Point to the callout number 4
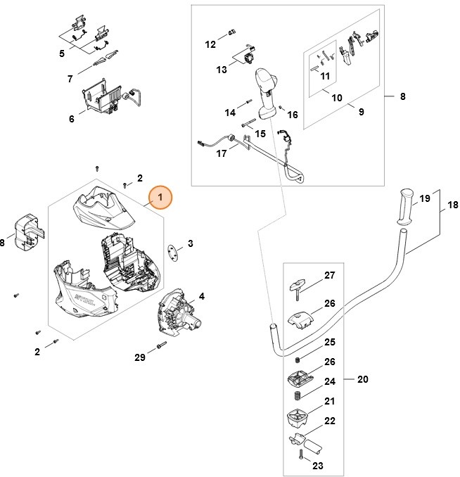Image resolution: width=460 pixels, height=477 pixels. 202,296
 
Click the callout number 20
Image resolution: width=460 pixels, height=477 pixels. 363,379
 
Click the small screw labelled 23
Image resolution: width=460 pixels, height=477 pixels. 301,456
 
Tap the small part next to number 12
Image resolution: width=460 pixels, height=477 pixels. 233,32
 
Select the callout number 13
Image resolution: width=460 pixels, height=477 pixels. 222,69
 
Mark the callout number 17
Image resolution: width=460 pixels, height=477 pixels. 222,153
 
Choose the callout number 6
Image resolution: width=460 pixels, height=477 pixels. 71,119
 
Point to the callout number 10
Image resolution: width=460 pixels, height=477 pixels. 337,98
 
